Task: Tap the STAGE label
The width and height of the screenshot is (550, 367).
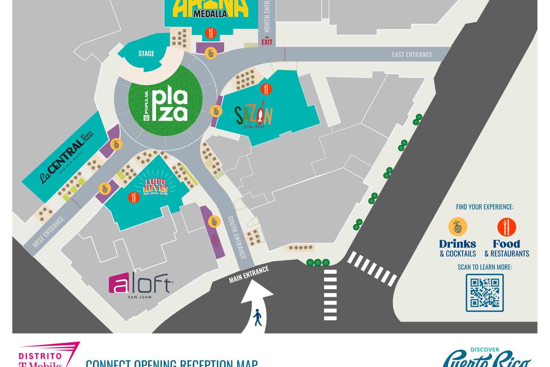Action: [146, 54]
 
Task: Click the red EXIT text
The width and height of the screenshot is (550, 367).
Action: [267, 42]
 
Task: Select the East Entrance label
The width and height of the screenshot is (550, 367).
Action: [412, 54]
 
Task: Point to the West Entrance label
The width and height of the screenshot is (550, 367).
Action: [48, 232]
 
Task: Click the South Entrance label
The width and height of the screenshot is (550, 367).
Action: [237, 237]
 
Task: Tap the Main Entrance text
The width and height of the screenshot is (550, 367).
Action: [249, 274]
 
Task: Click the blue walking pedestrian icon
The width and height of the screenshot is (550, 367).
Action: [257, 317]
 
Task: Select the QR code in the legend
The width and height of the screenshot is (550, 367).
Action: [485, 293]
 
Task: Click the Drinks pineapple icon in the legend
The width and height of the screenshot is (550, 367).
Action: [458, 227]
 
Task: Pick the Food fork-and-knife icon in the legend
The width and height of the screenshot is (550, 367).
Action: [506, 227]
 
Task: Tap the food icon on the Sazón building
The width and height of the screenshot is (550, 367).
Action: [266, 89]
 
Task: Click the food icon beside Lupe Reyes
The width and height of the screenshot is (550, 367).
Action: [134, 197]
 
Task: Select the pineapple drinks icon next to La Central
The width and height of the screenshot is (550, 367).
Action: [116, 144]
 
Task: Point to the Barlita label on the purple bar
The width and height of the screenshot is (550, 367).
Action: [215, 241]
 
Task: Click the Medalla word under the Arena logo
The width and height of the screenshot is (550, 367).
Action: [210, 14]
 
